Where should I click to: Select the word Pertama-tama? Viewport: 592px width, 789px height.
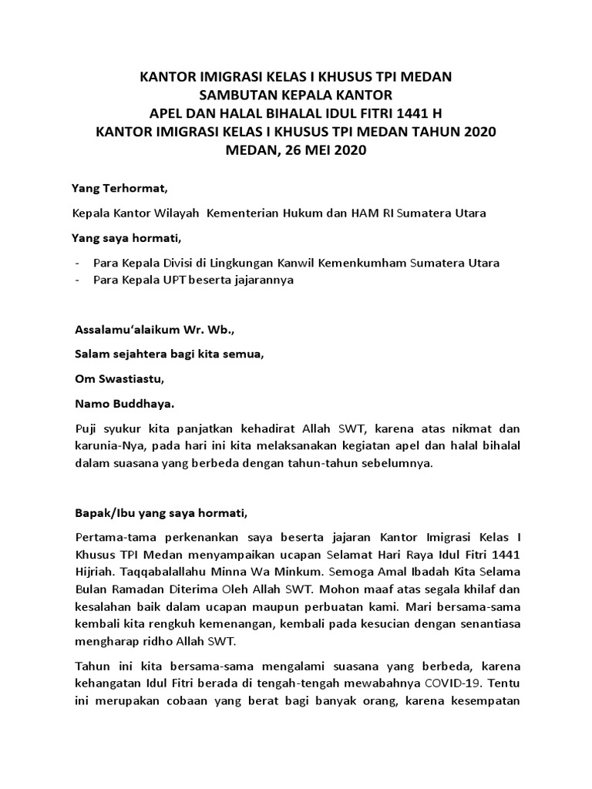tap(113, 536)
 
